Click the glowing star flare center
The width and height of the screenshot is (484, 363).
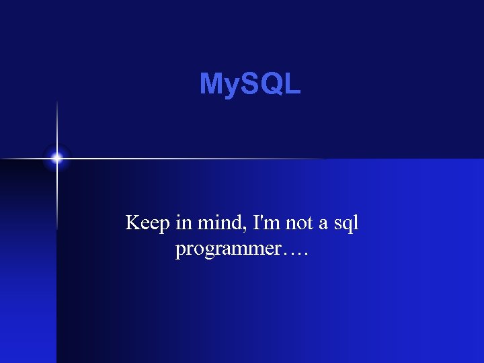coord(57,159)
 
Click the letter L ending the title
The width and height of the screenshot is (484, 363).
coord(292,84)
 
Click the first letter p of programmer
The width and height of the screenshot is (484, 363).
coord(179,251)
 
